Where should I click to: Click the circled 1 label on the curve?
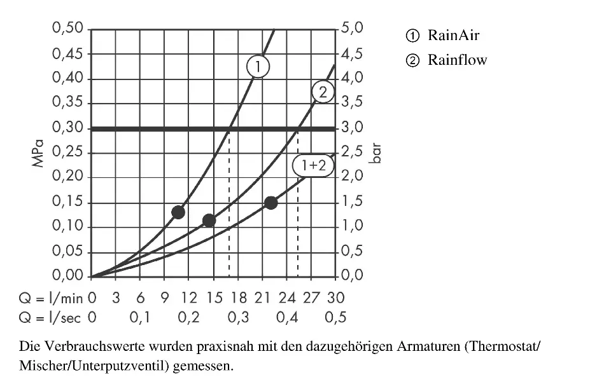point(258,66)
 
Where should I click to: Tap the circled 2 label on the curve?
point(323,93)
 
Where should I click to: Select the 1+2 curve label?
point(313,166)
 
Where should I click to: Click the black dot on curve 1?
point(178,212)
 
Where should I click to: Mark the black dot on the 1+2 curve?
point(270,203)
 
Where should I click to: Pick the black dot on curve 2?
point(209,221)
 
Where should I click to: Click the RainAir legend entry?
point(453,35)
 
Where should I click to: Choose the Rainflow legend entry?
point(457,60)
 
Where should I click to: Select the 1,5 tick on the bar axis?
point(352,203)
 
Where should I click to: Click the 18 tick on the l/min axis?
point(238,297)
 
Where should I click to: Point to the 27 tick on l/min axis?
point(311,297)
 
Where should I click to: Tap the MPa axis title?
point(39,153)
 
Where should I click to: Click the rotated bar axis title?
point(377,153)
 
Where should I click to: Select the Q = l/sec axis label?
point(51,317)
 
